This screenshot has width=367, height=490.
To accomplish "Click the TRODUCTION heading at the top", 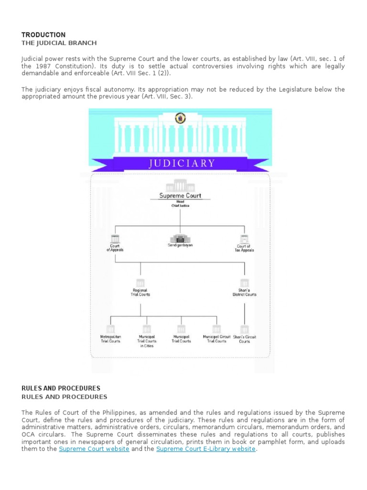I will click(43, 35).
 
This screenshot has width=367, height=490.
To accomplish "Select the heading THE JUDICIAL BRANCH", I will click(59, 43).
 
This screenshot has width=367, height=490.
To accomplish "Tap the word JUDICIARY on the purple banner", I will click(182, 163).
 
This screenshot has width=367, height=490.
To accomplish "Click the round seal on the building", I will click(180, 118).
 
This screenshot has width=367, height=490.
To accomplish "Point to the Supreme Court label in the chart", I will click(180, 196).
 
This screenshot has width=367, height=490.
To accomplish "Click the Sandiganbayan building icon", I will click(180, 237).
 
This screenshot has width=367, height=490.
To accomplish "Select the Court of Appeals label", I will click(115, 248).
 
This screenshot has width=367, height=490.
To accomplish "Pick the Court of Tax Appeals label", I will click(245, 248).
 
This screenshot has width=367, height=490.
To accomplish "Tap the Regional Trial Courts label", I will click(140, 292).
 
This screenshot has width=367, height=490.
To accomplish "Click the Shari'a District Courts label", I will click(245, 292).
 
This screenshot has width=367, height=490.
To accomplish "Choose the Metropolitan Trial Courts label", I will click(110, 339).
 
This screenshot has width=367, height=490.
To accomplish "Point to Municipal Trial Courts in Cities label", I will click(147, 341).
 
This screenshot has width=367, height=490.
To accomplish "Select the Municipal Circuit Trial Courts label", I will click(216, 339).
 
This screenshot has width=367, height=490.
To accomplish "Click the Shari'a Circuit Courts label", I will click(245, 339).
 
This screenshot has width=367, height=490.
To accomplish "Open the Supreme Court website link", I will click(94, 449).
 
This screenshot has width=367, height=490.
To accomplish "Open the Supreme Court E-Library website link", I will click(206, 449).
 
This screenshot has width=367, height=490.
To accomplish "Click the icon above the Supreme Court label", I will click(180, 185).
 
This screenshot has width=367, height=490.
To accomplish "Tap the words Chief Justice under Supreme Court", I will click(180, 205).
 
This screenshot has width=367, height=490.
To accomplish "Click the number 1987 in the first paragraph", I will click(42, 66).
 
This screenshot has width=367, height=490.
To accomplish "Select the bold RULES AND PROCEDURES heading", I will click(61, 388).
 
